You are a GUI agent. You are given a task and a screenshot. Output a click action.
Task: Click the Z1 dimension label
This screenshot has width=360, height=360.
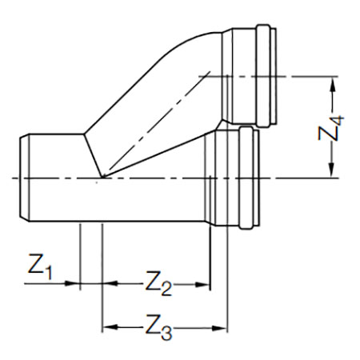tap(40, 266)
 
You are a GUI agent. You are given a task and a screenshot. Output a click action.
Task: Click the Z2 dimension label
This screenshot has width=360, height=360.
tap(158, 283)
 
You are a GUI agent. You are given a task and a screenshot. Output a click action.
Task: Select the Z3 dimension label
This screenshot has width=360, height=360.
tap(158, 327)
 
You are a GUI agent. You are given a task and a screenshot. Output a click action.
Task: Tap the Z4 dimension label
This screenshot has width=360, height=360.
tap(330, 128)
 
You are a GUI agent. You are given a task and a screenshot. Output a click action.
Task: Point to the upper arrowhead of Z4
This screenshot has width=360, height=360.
tap(332, 85)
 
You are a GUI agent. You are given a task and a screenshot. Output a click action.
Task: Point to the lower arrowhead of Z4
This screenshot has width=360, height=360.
tap(331, 170)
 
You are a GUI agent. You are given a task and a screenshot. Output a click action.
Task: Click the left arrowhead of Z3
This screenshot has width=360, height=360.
tap(110, 327)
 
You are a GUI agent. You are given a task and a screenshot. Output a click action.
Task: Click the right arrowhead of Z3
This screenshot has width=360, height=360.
tap(220, 328)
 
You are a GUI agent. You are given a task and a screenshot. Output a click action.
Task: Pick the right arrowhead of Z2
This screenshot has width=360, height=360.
tap(202, 285)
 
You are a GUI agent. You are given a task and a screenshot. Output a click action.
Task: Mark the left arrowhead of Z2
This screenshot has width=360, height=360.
tap(110, 283)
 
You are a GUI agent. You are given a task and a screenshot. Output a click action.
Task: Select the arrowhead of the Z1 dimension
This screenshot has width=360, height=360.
tap(73, 283)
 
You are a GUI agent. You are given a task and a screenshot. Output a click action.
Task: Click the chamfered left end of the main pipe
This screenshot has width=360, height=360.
tap(24, 178)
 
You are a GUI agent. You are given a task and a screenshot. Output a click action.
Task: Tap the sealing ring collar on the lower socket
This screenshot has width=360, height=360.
tap(246, 178)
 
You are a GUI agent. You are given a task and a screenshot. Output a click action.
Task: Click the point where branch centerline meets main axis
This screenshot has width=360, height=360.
tap(102, 178)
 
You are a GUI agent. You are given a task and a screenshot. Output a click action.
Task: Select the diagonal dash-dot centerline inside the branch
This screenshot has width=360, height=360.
tap(158, 123)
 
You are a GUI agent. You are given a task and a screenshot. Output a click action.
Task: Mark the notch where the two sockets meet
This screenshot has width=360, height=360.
tap(222, 122)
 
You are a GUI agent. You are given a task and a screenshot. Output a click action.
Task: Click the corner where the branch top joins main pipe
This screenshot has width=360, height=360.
tap(84, 134)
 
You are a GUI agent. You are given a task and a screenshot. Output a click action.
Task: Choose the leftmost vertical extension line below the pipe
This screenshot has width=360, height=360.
tap(80, 257)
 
